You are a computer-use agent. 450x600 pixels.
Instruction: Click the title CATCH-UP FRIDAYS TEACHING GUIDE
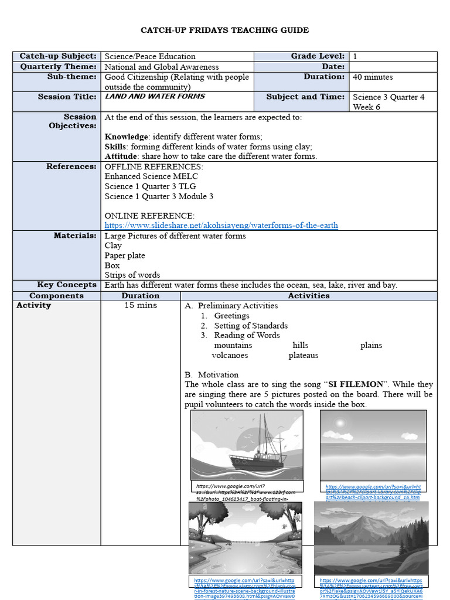coord(225,30)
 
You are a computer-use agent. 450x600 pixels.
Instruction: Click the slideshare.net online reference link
coord(221,226)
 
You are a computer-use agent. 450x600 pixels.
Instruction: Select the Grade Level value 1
coord(355,56)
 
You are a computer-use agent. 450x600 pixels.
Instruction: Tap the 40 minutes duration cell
coord(373,77)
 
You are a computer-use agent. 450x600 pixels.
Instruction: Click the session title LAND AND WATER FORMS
coord(155,97)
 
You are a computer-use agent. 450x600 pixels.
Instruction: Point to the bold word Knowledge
coord(127,137)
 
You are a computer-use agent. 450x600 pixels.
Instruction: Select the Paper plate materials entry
coord(125,255)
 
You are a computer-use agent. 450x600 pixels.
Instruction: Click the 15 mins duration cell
coord(140,305)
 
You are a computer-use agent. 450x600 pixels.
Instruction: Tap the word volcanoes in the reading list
coord(230,355)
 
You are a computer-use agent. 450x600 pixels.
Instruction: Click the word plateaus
coord(303,355)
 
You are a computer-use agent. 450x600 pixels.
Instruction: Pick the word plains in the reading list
coord(371,345)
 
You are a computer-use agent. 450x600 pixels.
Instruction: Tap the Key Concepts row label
coord(67,285)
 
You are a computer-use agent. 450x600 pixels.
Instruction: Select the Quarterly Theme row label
coord(58,67)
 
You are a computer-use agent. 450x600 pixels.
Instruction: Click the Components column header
coord(56,296)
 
